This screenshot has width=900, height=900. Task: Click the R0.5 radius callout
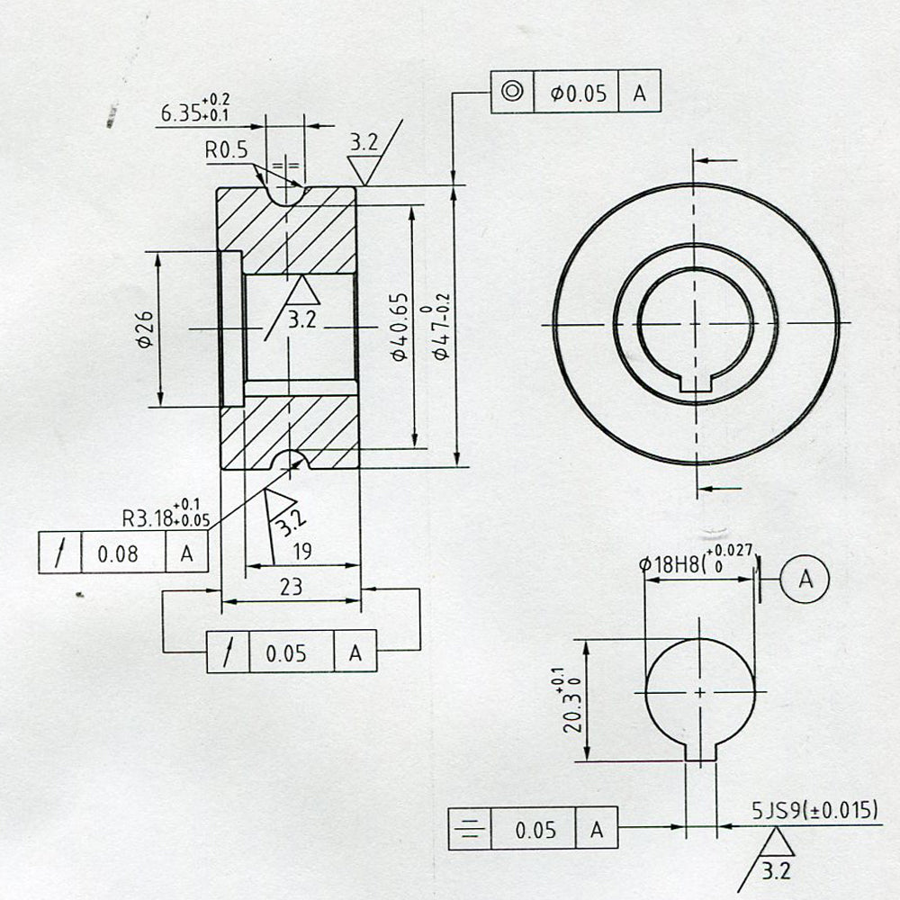point(225,150)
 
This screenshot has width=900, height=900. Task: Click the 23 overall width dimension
point(291,587)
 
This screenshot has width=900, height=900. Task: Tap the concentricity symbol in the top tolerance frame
point(512,92)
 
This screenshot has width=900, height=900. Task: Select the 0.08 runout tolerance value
point(123,553)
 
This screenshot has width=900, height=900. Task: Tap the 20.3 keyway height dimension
point(572,700)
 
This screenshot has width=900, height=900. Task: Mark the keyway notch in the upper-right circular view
point(697,382)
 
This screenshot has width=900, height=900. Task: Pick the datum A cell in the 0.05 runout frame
point(355,652)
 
